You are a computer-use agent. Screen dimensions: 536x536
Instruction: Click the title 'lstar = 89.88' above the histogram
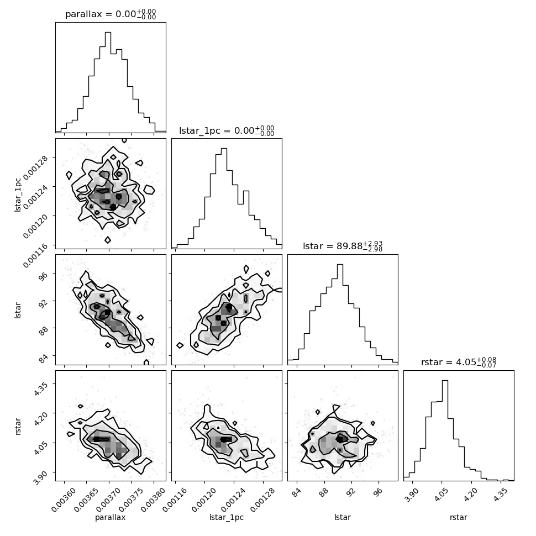point(342,246)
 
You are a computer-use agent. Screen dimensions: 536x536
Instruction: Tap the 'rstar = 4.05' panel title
point(459,362)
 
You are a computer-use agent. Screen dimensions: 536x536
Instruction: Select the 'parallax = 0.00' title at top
point(111,14)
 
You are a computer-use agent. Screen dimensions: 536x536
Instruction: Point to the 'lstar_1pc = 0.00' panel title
point(227,130)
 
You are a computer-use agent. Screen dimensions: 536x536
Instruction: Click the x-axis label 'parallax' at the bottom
point(110,517)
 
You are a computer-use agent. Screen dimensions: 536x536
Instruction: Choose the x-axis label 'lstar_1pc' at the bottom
point(227,517)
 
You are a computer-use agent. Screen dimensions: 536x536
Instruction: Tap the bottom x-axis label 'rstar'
point(459,517)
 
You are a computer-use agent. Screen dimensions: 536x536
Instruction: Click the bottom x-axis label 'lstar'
point(342,517)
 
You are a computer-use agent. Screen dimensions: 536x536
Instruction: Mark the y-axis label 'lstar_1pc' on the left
point(18,195)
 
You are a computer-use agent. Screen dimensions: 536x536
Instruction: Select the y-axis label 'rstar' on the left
point(18,426)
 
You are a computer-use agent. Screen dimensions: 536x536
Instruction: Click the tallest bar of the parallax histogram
point(108,82)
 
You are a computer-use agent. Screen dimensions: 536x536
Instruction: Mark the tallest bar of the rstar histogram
point(445,430)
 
